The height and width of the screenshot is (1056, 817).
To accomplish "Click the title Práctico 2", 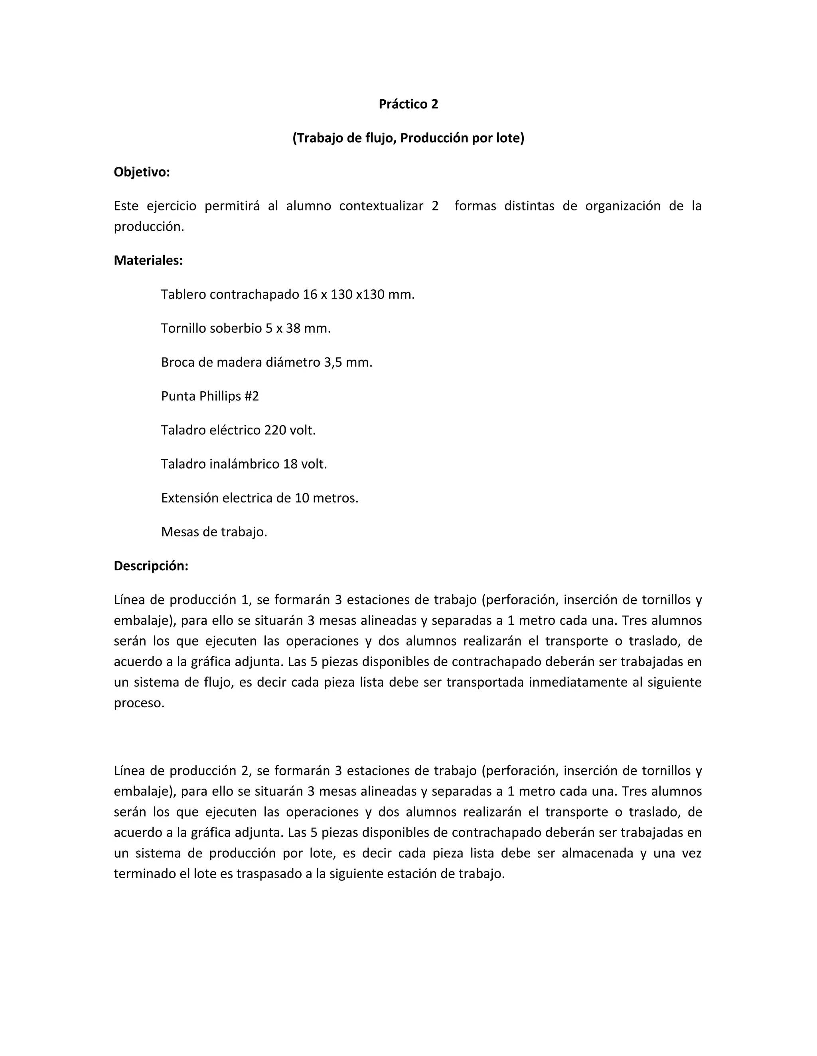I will point(408,104).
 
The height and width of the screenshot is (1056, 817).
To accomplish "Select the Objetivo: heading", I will point(142,172).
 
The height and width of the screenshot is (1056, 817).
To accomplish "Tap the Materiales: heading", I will point(148,261).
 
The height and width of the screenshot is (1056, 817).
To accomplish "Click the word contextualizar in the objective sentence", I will point(381,206).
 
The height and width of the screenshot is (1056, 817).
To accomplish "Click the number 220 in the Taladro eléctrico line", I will point(274,430).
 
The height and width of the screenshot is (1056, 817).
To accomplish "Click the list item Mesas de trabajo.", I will point(214,532).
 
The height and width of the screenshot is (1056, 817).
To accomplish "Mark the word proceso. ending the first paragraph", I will point(139,703).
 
